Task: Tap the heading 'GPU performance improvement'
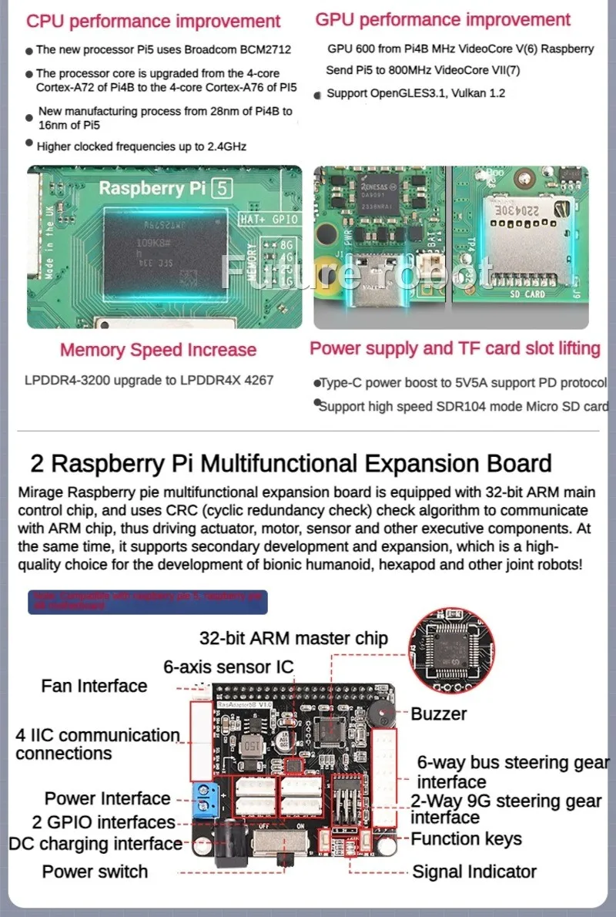click(443, 20)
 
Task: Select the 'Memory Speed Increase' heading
click(158, 350)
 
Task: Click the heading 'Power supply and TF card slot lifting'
click(454, 348)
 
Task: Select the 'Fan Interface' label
click(94, 686)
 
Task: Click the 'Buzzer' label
click(438, 714)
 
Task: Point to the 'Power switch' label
click(95, 872)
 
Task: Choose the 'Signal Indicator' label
click(474, 872)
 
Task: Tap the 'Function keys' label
click(466, 838)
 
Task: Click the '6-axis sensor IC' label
click(228, 667)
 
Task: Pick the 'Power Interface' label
click(107, 798)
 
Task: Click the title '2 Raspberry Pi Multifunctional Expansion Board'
click(291, 463)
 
